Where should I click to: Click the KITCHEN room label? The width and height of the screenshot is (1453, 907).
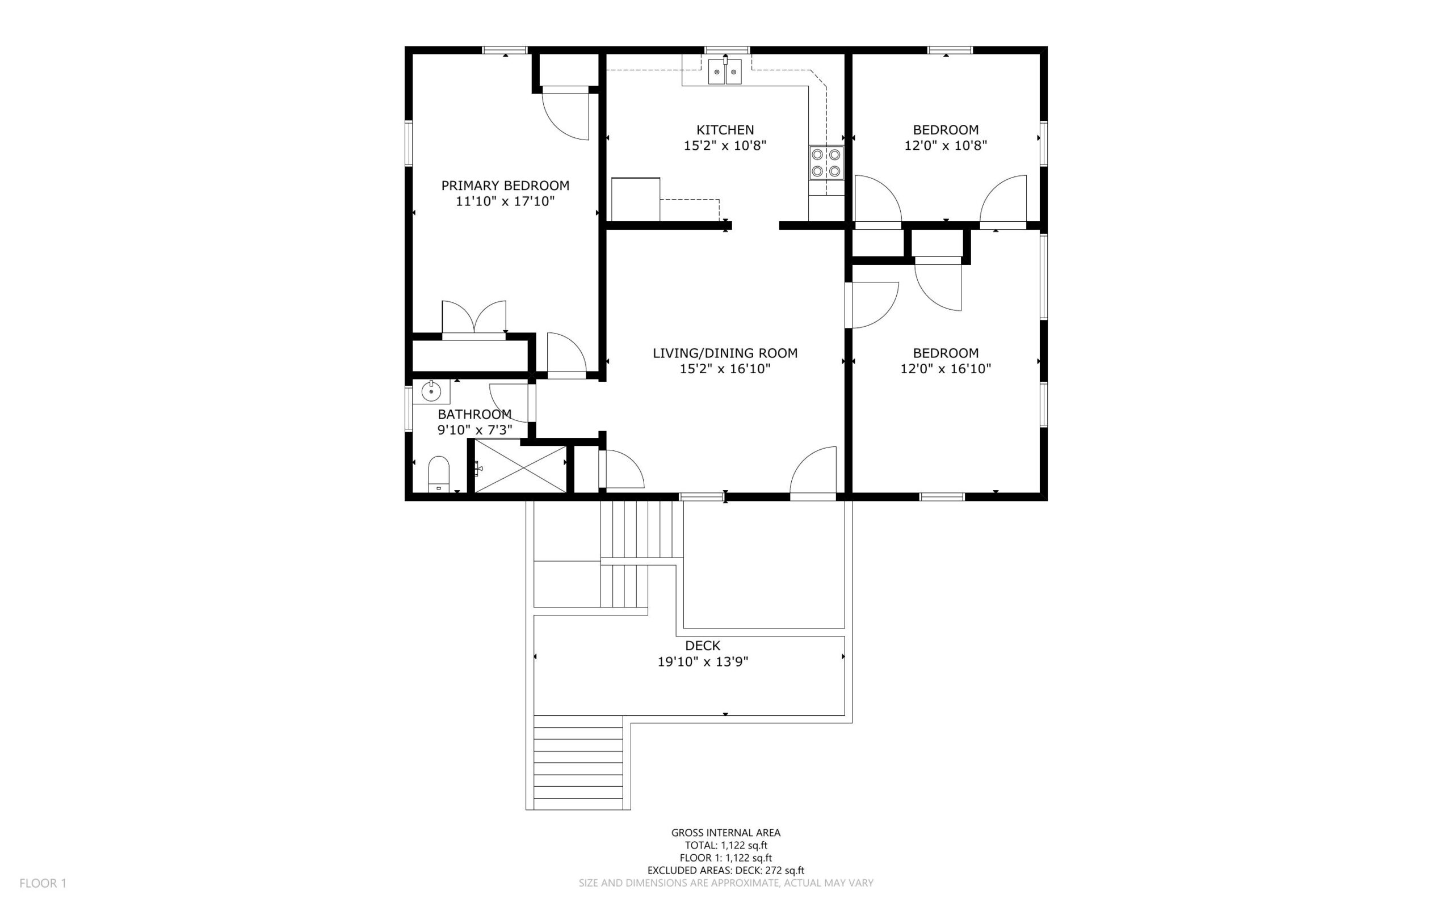[x=725, y=129]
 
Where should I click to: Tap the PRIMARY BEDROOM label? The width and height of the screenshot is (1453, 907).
[x=505, y=185]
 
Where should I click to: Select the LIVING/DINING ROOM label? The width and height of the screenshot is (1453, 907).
[x=725, y=353]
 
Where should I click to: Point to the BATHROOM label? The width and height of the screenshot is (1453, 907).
[x=474, y=414]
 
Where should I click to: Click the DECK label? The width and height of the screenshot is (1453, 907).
[x=702, y=646]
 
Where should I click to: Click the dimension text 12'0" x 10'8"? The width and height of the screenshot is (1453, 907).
[x=946, y=145]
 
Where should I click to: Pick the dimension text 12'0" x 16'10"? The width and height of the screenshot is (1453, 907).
[x=946, y=369]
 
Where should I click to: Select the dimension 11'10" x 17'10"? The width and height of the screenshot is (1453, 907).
[x=505, y=201]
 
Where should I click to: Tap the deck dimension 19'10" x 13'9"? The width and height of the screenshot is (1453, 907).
[x=703, y=661]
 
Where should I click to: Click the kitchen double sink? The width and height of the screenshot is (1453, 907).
[x=725, y=71]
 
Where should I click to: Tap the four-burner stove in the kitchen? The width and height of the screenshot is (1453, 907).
[x=826, y=163]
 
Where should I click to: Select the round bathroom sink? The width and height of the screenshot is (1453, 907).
[x=431, y=392]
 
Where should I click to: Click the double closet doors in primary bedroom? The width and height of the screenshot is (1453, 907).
[x=474, y=317]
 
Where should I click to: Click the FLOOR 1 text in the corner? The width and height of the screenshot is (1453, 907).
[x=43, y=883]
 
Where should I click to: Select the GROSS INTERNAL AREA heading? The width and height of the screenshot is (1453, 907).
[x=725, y=833]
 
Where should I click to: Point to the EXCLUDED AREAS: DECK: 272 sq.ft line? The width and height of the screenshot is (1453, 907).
[x=725, y=870]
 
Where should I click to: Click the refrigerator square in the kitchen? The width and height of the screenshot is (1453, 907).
[x=636, y=199]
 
